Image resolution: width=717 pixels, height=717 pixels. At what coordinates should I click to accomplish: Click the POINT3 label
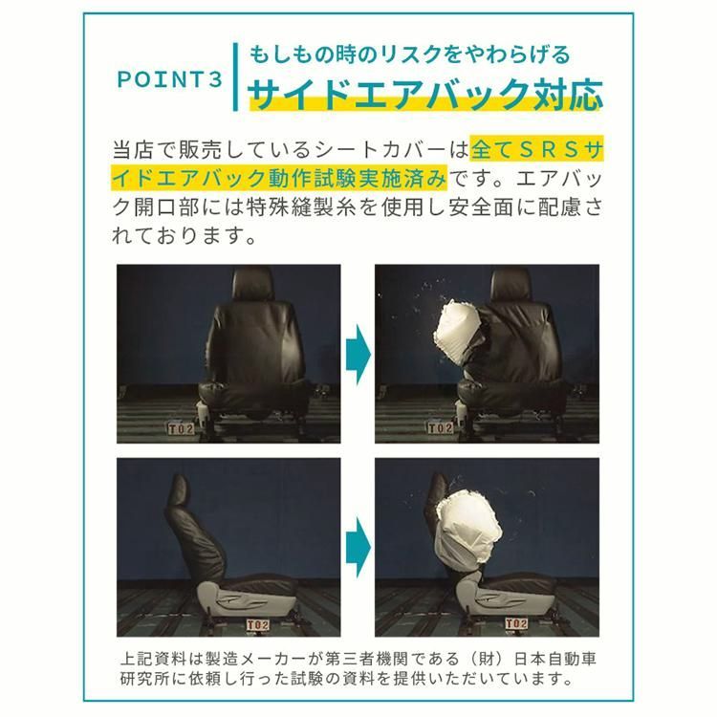pos(168,79)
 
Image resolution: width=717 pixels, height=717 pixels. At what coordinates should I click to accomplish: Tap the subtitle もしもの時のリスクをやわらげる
pos(409,54)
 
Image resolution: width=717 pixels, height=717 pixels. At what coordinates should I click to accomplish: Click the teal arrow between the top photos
pos(357,348)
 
